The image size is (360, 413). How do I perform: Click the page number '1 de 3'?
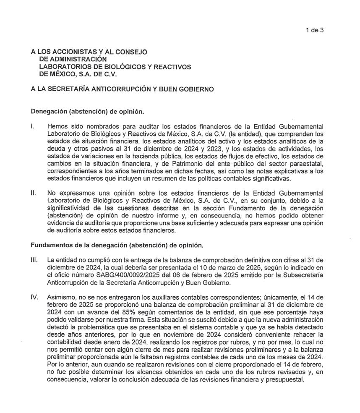tap(314, 30)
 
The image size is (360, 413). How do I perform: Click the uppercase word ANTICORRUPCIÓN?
tap(117, 89)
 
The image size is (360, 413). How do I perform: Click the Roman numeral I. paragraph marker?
tap(33, 126)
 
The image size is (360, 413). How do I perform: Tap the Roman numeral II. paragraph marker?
tap(34, 193)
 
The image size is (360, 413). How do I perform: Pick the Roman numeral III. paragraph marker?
tap(35, 260)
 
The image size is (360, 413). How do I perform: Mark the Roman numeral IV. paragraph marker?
tap(35, 297)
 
